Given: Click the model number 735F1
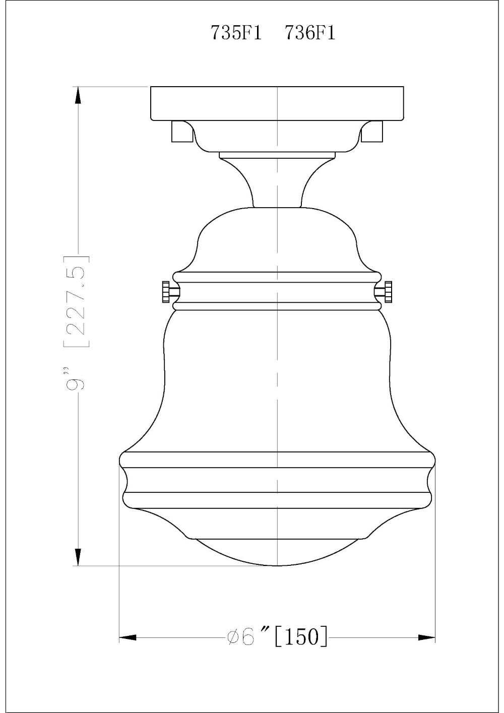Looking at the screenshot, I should [236, 33].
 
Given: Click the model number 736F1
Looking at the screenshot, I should [310, 33].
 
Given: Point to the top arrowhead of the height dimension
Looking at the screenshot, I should [78, 96].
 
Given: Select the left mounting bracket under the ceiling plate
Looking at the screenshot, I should [181, 132].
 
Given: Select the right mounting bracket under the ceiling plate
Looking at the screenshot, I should [373, 132].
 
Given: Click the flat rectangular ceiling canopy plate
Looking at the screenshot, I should [277, 103].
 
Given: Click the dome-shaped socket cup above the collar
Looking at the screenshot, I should [277, 239].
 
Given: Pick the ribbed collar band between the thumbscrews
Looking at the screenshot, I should [277, 291].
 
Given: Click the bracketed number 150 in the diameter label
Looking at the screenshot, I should [301, 637].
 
